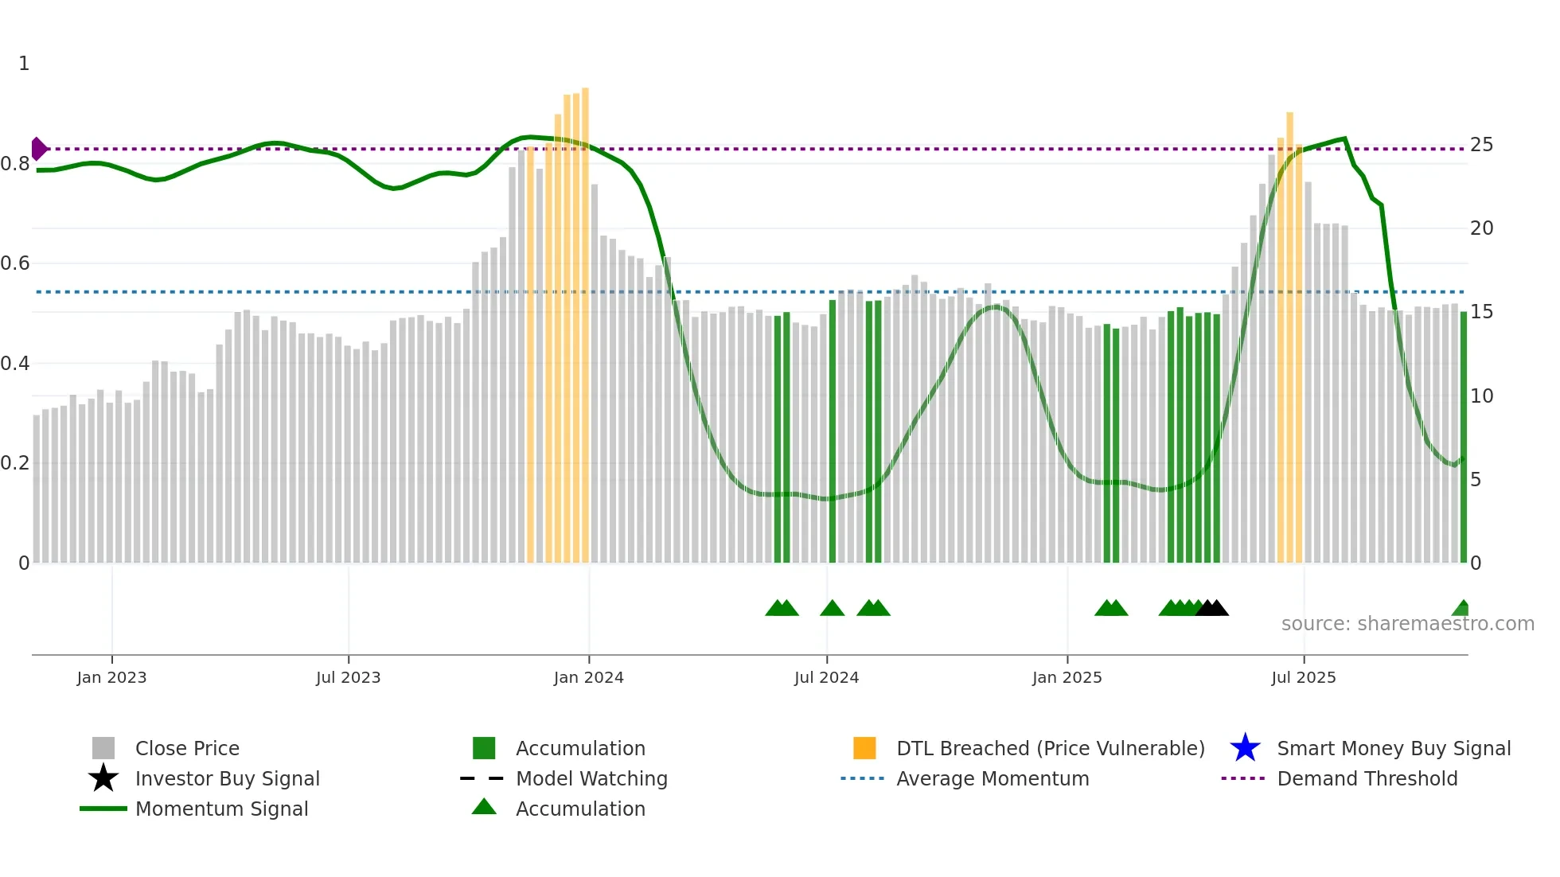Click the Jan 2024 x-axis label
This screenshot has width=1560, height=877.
pos(588,677)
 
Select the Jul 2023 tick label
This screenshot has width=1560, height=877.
pos(348,677)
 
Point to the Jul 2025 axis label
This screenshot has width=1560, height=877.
pos(1303,677)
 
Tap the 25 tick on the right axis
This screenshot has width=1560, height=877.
pos(1481,145)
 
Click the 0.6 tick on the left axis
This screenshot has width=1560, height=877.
pos(15,263)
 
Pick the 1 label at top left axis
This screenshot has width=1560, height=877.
pos(24,64)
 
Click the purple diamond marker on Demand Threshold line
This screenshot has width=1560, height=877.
pos(38,149)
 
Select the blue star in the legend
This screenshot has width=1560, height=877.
pos(1245,748)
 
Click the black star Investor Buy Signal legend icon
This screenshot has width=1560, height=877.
pos(103,778)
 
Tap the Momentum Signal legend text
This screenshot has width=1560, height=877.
pos(221,809)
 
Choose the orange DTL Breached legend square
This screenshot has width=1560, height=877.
pos(864,748)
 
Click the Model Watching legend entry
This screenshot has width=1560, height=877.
pos(591,778)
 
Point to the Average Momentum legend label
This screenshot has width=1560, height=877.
pos(992,778)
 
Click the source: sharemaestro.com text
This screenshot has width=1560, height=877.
pos(1407,624)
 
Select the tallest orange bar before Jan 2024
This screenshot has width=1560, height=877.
pos(585,318)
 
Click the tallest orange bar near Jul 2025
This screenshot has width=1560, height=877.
pos(1289,334)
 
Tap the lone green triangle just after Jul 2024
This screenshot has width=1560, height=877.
pos(832,609)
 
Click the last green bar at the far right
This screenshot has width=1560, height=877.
pos(1463,438)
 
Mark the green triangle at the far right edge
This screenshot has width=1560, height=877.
pos(1461,609)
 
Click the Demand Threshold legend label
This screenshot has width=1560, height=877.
pos(1367,778)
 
